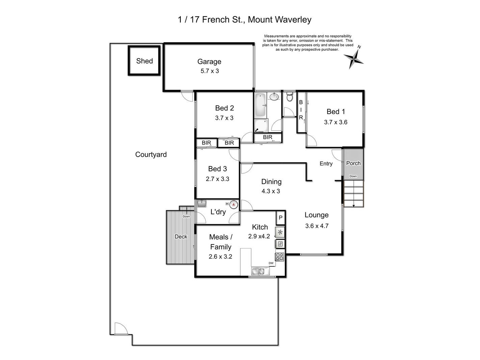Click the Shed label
pyautogui.click(x=144, y=61)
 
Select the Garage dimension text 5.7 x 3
pyautogui.click(x=209, y=71)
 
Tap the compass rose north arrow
pyautogui.click(x=354, y=58)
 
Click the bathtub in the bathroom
pyautogui.click(x=260, y=104)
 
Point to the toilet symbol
pyautogui.click(x=289, y=98)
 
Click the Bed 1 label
pyautogui.click(x=335, y=111)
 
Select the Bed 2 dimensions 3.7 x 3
pyautogui.click(x=224, y=118)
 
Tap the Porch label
pyautogui.click(x=353, y=163)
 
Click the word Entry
pyautogui.click(x=326, y=163)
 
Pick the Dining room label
pyautogui.click(x=271, y=182)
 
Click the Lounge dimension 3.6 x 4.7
pyautogui.click(x=317, y=226)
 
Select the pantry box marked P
pyautogui.click(x=280, y=218)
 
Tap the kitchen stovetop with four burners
pyautogui.click(x=280, y=257)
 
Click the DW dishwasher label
pyautogui.click(x=271, y=263)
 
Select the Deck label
pyautogui.click(x=181, y=237)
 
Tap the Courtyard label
pyautogui.click(x=151, y=155)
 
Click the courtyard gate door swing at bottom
pyautogui.click(x=120, y=328)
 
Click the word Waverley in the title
pyautogui.click(x=292, y=20)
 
